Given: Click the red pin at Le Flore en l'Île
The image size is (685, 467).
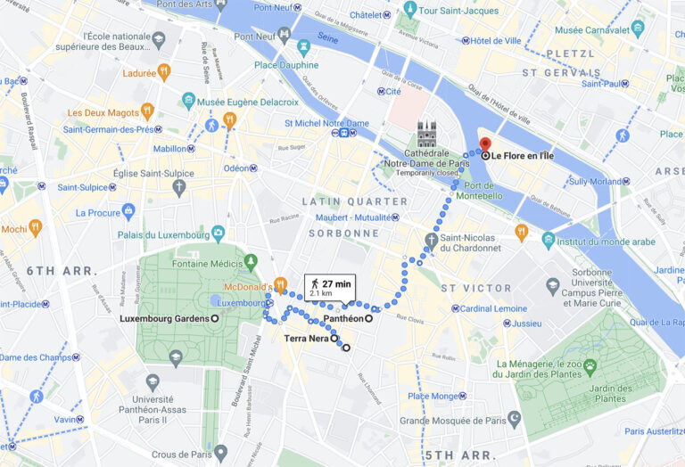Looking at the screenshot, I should click(x=485, y=145).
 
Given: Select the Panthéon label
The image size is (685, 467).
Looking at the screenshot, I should click(x=342, y=318).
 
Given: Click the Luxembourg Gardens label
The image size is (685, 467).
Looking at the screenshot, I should click(x=164, y=318).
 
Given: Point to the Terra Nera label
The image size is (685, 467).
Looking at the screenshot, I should click(x=306, y=339).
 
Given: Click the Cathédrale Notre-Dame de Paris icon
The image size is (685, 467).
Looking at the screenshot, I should click(x=426, y=135).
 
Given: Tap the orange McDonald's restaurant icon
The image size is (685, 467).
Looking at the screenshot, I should click(x=280, y=285).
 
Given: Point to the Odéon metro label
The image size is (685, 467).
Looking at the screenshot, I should click(x=236, y=168).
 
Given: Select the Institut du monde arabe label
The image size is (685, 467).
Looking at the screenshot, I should click(x=606, y=242).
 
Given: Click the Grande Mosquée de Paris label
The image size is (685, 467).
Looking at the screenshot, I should click(x=451, y=421).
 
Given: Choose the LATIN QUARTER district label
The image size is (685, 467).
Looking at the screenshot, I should click(x=354, y=201).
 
